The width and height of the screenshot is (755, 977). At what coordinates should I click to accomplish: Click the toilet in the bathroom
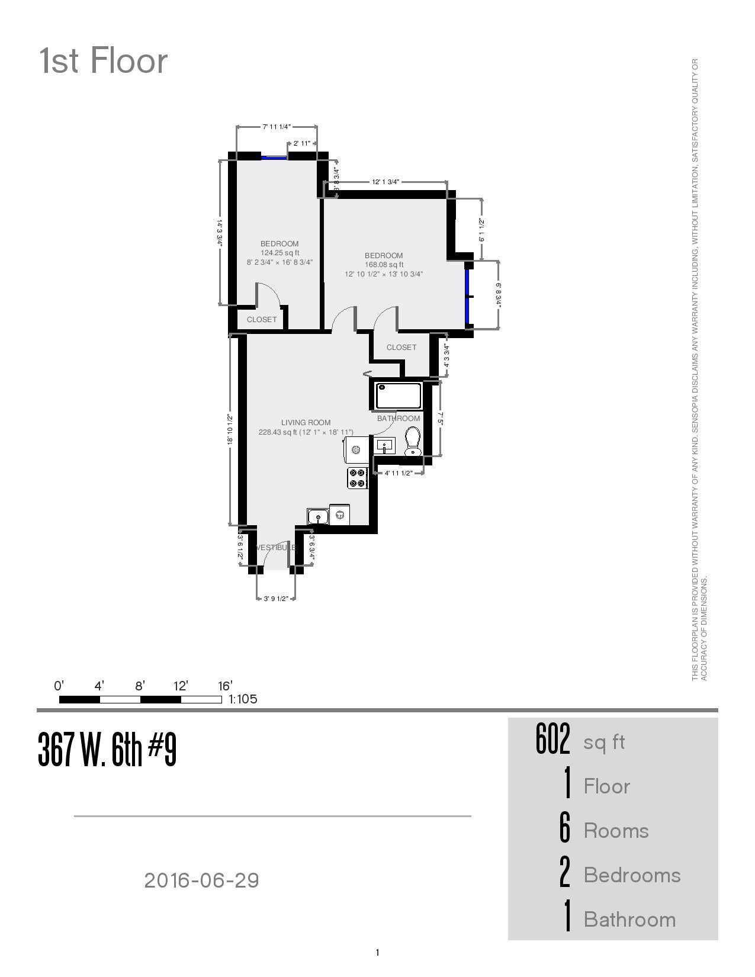pyautogui.click(x=413, y=442)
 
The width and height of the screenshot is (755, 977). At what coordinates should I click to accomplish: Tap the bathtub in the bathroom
pyautogui.click(x=399, y=396)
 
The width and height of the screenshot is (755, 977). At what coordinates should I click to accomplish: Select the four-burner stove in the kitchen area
pyautogui.click(x=357, y=478)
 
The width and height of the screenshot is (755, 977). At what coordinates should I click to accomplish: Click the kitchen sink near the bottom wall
pyautogui.click(x=318, y=516)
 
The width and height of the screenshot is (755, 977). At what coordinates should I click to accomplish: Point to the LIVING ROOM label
pyautogui.click(x=306, y=422)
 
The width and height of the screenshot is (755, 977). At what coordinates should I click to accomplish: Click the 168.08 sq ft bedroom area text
pyautogui.click(x=384, y=265)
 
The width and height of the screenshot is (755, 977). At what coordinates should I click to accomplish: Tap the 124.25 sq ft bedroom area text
pyautogui.click(x=279, y=253)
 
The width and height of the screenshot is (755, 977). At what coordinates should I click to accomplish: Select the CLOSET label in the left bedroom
pyautogui.click(x=262, y=319)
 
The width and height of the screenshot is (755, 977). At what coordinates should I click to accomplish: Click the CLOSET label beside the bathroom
pyautogui.click(x=401, y=347)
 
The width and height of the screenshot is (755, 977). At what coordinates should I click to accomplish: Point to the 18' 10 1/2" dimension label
pyautogui.click(x=230, y=429)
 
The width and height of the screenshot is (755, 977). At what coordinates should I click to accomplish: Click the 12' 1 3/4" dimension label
pyautogui.click(x=385, y=182)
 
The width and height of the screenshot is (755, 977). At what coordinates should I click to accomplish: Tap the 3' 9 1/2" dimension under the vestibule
pyautogui.click(x=276, y=599)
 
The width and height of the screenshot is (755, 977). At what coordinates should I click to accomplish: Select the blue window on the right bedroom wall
pyautogui.click(x=467, y=297)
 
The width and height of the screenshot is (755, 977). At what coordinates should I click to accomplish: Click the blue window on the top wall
pyautogui.click(x=274, y=158)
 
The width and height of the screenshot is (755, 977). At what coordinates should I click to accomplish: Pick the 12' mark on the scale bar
pyautogui.click(x=181, y=686)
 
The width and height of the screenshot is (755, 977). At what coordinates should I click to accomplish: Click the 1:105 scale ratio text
pyautogui.click(x=243, y=699)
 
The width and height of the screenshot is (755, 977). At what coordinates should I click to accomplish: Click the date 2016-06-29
pyautogui.click(x=201, y=880)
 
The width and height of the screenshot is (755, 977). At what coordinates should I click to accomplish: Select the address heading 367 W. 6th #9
pyautogui.click(x=107, y=750)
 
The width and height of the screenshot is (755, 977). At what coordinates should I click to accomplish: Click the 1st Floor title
pyautogui.click(x=104, y=61)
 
